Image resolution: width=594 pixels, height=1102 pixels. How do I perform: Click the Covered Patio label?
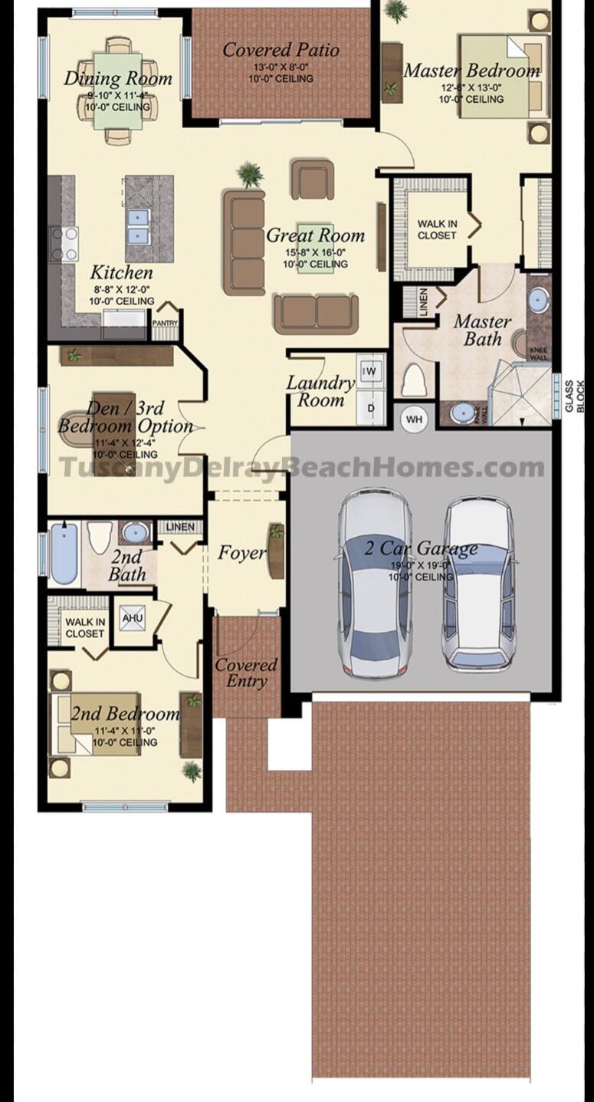coord(281,51)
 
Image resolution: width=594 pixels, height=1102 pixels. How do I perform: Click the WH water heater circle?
coord(414,419)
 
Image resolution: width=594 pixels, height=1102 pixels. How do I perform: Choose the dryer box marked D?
coord(371,408)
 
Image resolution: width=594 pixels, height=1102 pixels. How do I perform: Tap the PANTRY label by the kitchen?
coord(165,324)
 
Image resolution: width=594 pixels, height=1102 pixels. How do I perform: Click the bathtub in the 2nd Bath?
coord(64,552)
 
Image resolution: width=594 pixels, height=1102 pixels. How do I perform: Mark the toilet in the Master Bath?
coord(414,380)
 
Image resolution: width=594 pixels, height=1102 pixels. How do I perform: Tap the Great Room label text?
coord(315,235)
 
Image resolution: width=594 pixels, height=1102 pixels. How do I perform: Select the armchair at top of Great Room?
coord(312,179)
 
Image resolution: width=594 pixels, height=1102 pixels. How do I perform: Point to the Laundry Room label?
coord(320,390)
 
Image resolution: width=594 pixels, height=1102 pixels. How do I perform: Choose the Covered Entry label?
coord(246,673)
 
